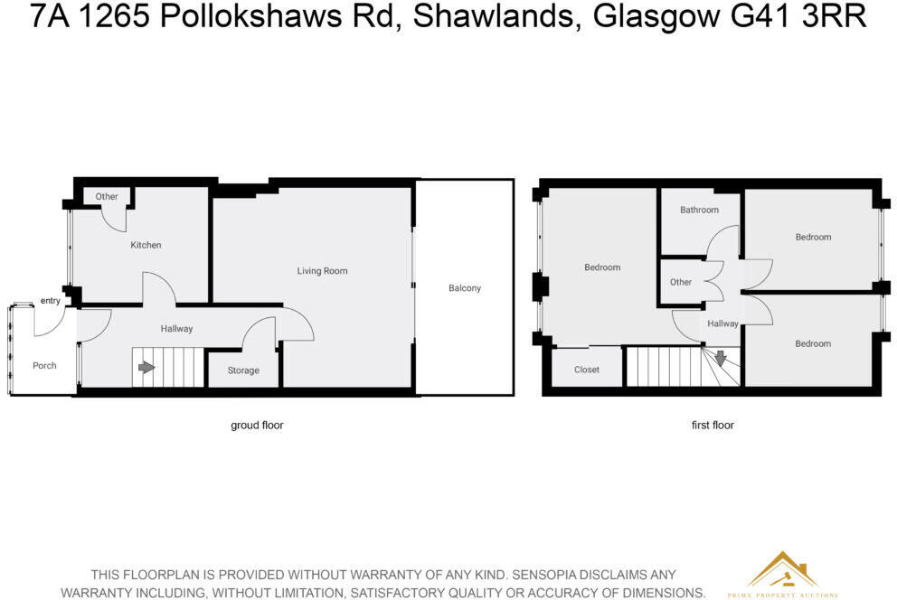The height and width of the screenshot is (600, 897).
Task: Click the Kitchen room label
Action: pos(146,245)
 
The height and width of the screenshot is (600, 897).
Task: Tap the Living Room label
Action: pos(322,271)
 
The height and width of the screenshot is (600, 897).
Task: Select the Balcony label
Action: pos(465,288)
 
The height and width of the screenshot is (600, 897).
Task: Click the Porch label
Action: pos(44,366)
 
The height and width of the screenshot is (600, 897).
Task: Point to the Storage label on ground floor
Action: pos(243,370)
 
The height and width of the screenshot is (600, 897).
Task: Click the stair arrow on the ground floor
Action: pos(146,368)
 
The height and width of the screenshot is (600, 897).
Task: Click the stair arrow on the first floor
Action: pos(720,359)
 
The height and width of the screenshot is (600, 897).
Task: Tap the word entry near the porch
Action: pos(50,301)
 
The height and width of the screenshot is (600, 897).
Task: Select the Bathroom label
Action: pos(699,210)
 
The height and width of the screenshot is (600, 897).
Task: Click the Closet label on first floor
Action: pos(587,370)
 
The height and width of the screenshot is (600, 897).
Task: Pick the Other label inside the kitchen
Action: pos(107,196)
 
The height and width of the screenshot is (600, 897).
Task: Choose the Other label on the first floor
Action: pos(681,282)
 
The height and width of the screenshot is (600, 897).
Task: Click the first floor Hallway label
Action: pos(722,323)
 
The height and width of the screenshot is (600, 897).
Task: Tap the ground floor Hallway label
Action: pos(176,329)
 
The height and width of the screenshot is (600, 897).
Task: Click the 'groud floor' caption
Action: pos(257,425)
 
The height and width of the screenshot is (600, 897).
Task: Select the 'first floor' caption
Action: pos(713,425)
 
